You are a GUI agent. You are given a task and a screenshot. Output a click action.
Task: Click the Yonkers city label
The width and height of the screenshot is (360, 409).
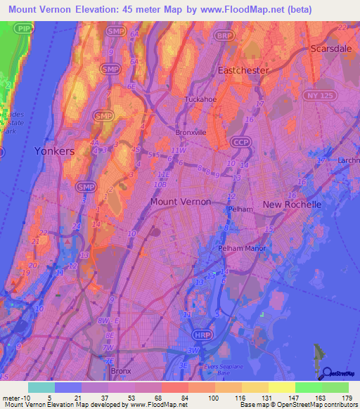pos(54,151)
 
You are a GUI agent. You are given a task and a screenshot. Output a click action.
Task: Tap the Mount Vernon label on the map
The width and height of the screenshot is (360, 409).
pos(180,201)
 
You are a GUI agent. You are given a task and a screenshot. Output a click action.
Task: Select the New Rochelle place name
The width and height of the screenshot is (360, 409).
pos(292,204)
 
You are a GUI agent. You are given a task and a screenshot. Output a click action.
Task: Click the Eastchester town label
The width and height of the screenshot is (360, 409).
pos(243,71)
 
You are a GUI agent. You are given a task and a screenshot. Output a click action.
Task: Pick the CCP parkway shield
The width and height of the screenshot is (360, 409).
pos(240,143)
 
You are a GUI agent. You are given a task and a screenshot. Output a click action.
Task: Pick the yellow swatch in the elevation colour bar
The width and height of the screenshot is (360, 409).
pos(281,387)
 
